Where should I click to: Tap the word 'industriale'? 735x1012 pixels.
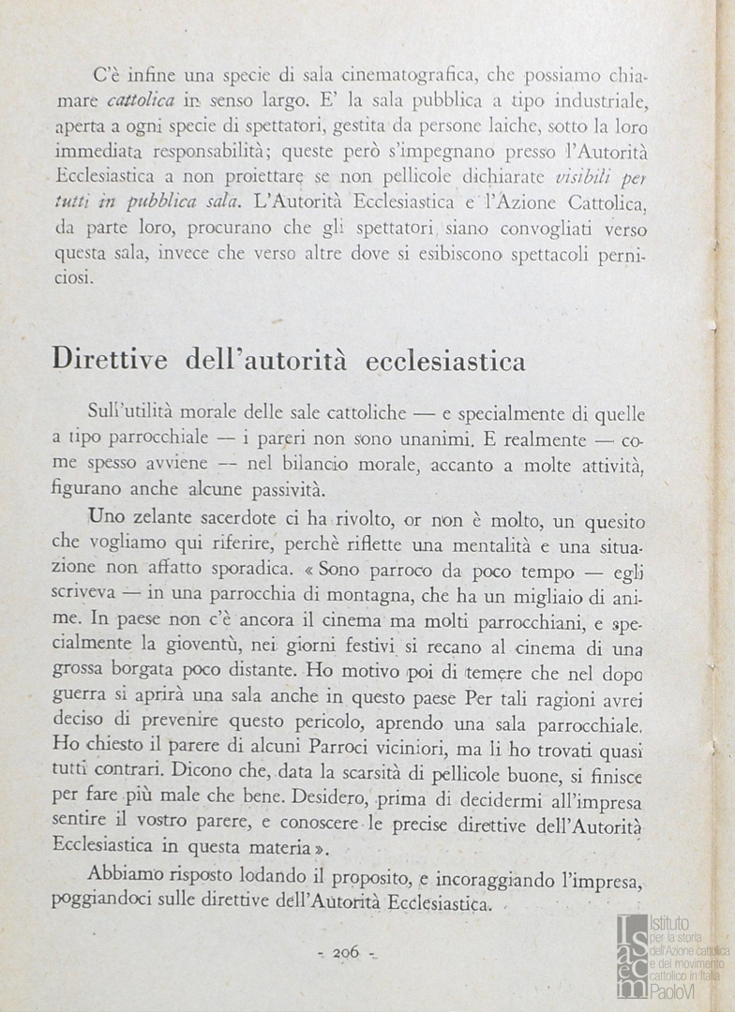[x=597, y=99]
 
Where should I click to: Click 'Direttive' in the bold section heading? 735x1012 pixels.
[x=112, y=360]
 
